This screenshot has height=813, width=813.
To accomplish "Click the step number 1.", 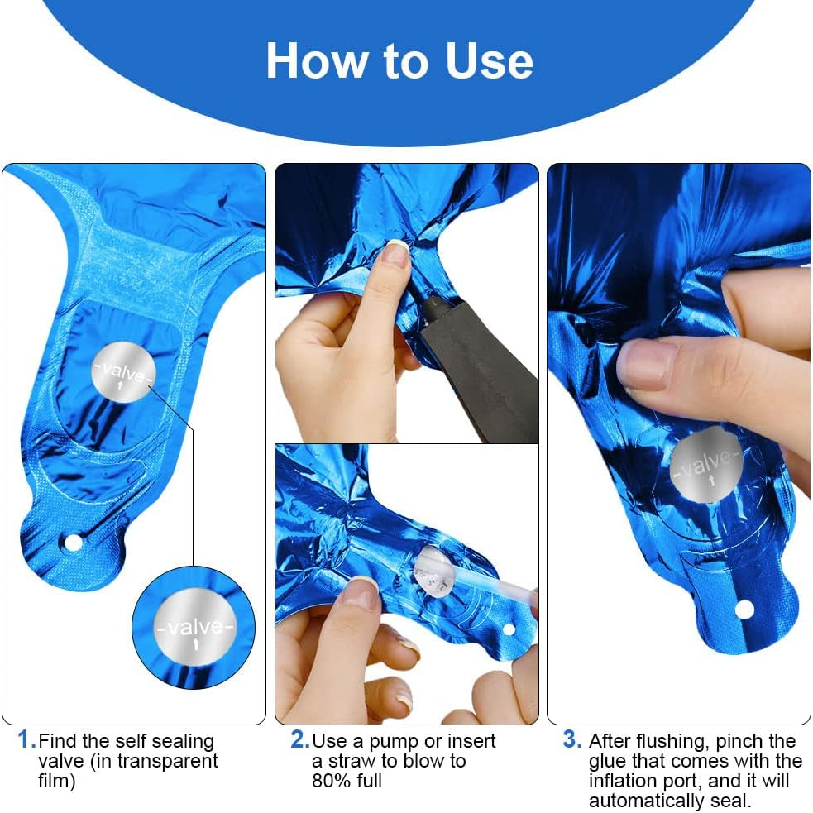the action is [x=26, y=739].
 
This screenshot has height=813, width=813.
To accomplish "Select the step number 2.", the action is [x=299, y=739].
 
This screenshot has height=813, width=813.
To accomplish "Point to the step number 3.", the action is [x=571, y=739].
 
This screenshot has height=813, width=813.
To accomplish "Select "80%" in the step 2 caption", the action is [x=329, y=781].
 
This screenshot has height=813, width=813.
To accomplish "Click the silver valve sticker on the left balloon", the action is [x=123, y=371].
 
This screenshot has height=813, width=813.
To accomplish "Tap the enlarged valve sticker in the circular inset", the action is [x=195, y=628].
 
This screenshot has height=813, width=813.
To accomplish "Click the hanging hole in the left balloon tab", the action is [x=73, y=543].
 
